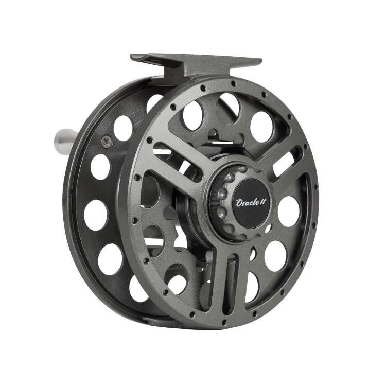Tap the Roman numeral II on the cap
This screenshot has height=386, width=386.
point(263,202)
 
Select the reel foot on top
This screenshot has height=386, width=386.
point(196,64)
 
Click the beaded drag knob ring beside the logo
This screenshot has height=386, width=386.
point(226,202)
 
